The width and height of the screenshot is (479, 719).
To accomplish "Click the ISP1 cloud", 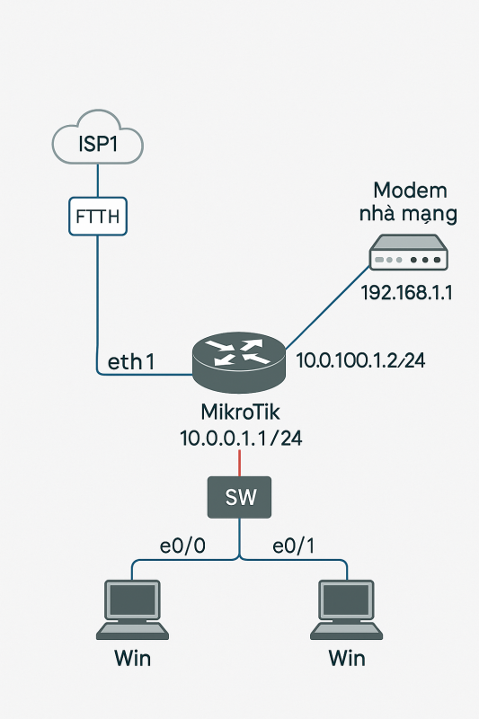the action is coord(98,138).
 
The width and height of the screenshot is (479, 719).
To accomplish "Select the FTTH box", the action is coord(98,217).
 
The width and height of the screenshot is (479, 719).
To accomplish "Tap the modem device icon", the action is coord(408,253).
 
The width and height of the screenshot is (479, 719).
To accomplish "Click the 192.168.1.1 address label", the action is coord(406,293).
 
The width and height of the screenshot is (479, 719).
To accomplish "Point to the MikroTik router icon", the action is coord(239,362).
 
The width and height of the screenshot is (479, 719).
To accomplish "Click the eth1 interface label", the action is coord(131,362).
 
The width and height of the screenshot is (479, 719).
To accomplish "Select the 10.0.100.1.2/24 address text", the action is coord(360,360).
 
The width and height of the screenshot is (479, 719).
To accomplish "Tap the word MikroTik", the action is coord(240,412).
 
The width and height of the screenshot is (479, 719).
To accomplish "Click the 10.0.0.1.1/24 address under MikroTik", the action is coord(241,439).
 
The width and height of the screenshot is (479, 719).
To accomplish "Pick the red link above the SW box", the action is coord(239,463).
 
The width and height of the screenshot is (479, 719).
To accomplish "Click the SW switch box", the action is coord(239,497).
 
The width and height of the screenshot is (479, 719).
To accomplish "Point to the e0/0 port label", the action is coord(182,546).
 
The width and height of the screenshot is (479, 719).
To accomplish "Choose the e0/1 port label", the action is coord(293,546).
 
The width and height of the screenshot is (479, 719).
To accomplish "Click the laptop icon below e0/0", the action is coord(132,609).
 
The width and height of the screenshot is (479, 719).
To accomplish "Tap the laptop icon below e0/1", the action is coord(347,609).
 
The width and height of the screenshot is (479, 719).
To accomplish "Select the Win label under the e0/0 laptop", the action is coord(132,658).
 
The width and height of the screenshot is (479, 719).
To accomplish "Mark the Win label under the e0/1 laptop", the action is coord(347,658).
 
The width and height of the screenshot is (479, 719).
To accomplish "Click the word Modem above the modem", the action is coord(410,191).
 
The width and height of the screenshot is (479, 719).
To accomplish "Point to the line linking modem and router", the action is coord(327,308).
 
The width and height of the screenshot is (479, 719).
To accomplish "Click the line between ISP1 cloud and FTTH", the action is coord(98,181).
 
